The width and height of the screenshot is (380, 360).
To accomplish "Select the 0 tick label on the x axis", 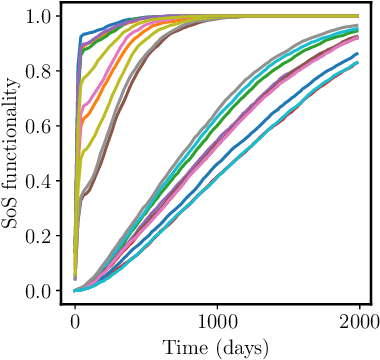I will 75,320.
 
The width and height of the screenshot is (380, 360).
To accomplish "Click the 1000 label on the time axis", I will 217,320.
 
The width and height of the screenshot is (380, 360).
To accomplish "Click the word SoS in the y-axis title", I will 12,212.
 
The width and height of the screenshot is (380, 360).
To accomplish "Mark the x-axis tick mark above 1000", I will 217,306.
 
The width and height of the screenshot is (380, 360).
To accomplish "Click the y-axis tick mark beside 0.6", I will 60,126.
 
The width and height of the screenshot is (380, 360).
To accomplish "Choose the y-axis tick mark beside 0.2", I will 60,236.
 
